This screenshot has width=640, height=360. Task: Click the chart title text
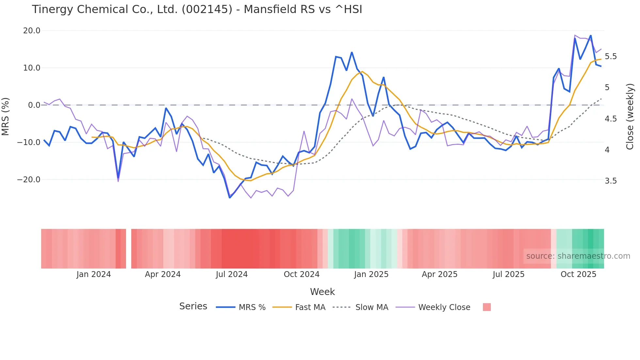(x=197, y=9)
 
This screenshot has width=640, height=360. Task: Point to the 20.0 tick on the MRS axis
(x=32, y=31)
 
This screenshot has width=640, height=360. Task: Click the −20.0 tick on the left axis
(x=29, y=180)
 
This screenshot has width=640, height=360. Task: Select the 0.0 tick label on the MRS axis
(x=34, y=105)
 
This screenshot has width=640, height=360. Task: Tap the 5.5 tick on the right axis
(x=611, y=57)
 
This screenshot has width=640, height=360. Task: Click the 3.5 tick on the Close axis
(x=611, y=181)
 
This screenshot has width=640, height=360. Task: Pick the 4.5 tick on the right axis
(x=611, y=119)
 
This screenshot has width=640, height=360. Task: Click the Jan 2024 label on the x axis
(x=94, y=274)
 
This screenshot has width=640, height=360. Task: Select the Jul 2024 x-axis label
(x=232, y=274)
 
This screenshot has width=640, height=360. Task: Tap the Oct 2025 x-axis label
(x=578, y=274)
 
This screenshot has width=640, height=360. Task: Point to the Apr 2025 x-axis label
(x=440, y=274)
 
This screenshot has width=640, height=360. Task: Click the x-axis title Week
(x=322, y=292)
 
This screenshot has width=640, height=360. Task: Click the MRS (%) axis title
(x=6, y=116)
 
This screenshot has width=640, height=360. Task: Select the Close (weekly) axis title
(x=630, y=116)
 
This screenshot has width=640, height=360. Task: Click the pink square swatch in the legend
(x=487, y=307)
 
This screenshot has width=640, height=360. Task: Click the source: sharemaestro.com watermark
(x=578, y=256)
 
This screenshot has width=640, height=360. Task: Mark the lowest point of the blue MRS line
(x=230, y=198)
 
